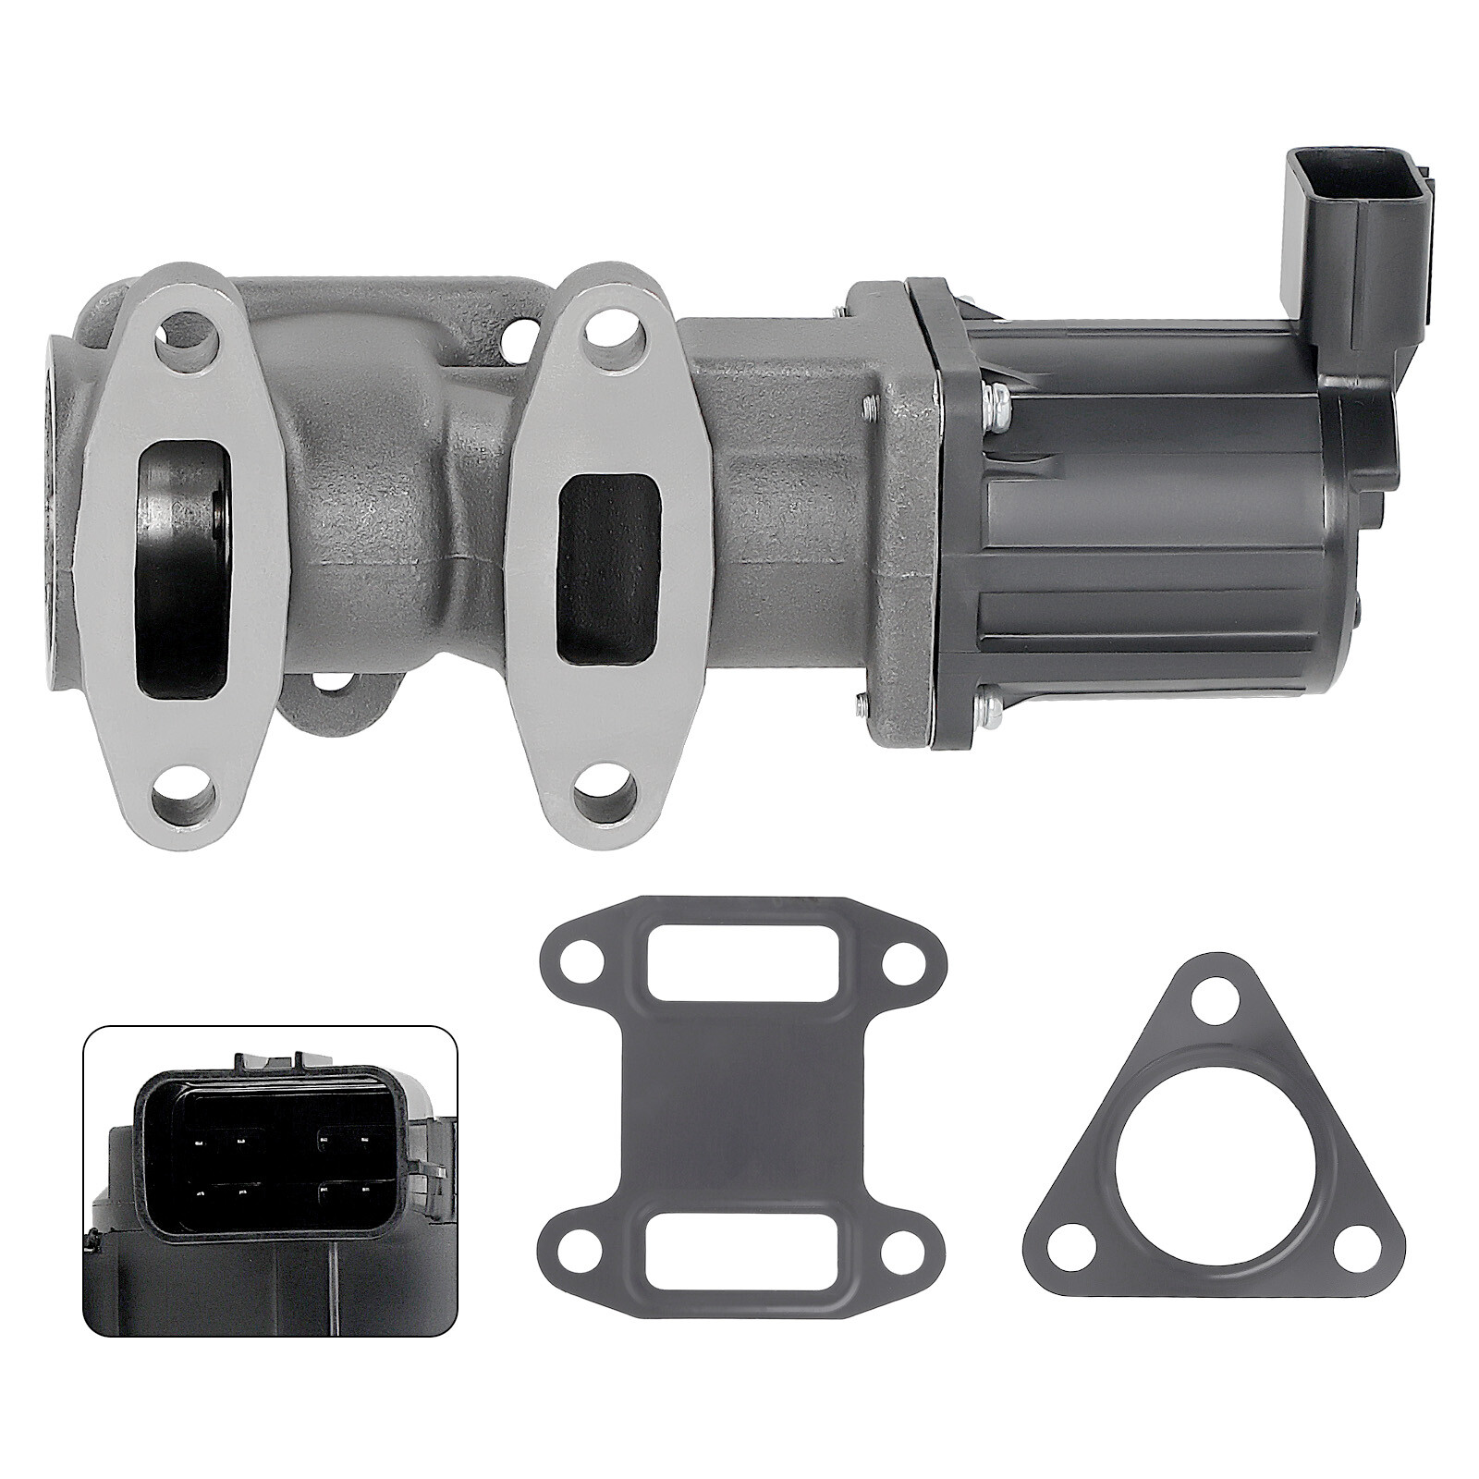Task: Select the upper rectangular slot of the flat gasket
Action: [x=716, y=969]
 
